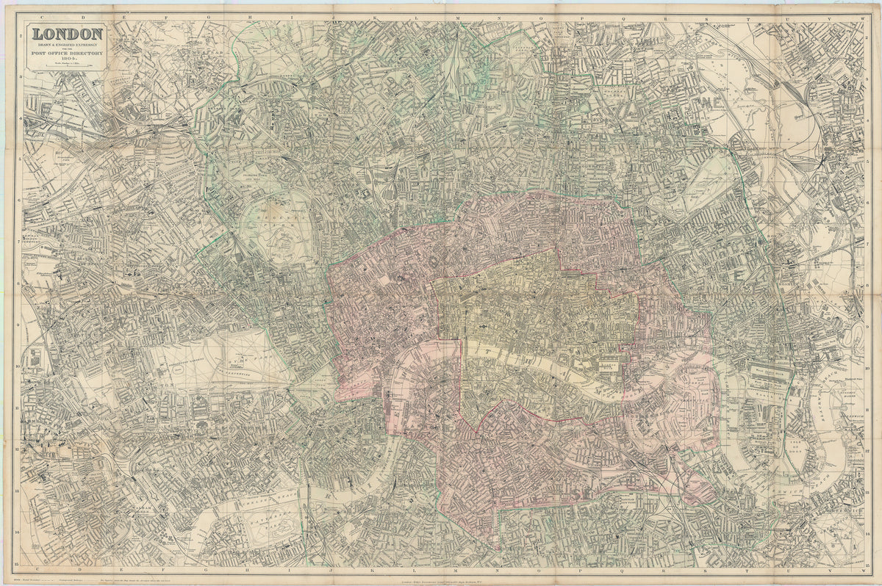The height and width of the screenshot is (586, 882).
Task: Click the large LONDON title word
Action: (x=66, y=34)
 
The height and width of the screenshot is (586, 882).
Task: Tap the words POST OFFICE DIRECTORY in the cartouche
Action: (x=66, y=54)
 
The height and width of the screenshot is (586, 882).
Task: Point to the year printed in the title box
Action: (x=66, y=59)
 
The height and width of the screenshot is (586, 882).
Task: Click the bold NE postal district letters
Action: (x=709, y=102)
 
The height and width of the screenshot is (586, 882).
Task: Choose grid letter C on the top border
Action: (x=29, y=10)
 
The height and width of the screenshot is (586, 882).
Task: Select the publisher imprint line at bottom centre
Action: (x=441, y=579)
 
